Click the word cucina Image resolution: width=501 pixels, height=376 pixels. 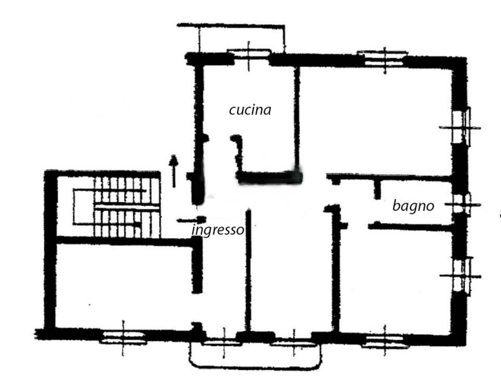point(250,110)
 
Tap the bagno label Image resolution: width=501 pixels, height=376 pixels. point(413,206)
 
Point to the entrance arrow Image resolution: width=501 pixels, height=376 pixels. point(173,171)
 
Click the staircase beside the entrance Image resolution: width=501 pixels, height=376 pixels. point(116,207)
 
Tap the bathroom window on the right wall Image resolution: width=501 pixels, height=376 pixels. point(462,205)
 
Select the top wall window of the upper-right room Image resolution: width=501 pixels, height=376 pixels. point(384,58)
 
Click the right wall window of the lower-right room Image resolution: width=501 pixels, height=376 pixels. point(462,275)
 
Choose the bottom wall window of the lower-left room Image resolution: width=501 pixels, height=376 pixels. point(123,337)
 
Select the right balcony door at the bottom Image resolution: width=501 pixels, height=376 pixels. point(294,344)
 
